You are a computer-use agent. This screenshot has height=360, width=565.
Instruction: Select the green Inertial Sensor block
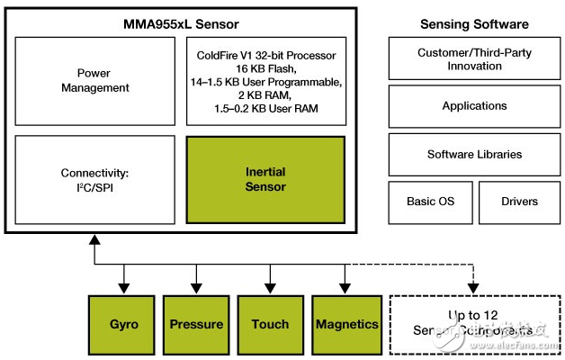[x=265, y=179]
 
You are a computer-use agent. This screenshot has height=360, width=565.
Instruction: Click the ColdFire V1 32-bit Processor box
[x=265, y=81]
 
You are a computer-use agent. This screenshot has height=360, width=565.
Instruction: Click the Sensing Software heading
[x=474, y=23]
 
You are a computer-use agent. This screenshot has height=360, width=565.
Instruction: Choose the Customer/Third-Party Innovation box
[x=474, y=59]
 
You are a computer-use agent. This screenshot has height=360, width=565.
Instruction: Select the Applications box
[x=474, y=106]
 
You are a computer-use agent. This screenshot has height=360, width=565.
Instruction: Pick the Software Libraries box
[x=474, y=154]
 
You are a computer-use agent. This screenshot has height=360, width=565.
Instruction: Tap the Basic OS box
[x=428, y=202]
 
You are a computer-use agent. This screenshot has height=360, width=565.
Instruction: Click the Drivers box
[x=519, y=202]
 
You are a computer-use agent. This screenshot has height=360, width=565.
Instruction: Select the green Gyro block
[x=123, y=324]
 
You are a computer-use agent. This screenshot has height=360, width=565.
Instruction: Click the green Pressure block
[x=196, y=324]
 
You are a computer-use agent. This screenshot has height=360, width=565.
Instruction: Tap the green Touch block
[x=270, y=324]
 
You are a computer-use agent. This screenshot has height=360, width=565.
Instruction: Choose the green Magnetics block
[x=346, y=324]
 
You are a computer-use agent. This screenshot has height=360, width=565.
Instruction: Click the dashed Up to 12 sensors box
[x=473, y=324]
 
